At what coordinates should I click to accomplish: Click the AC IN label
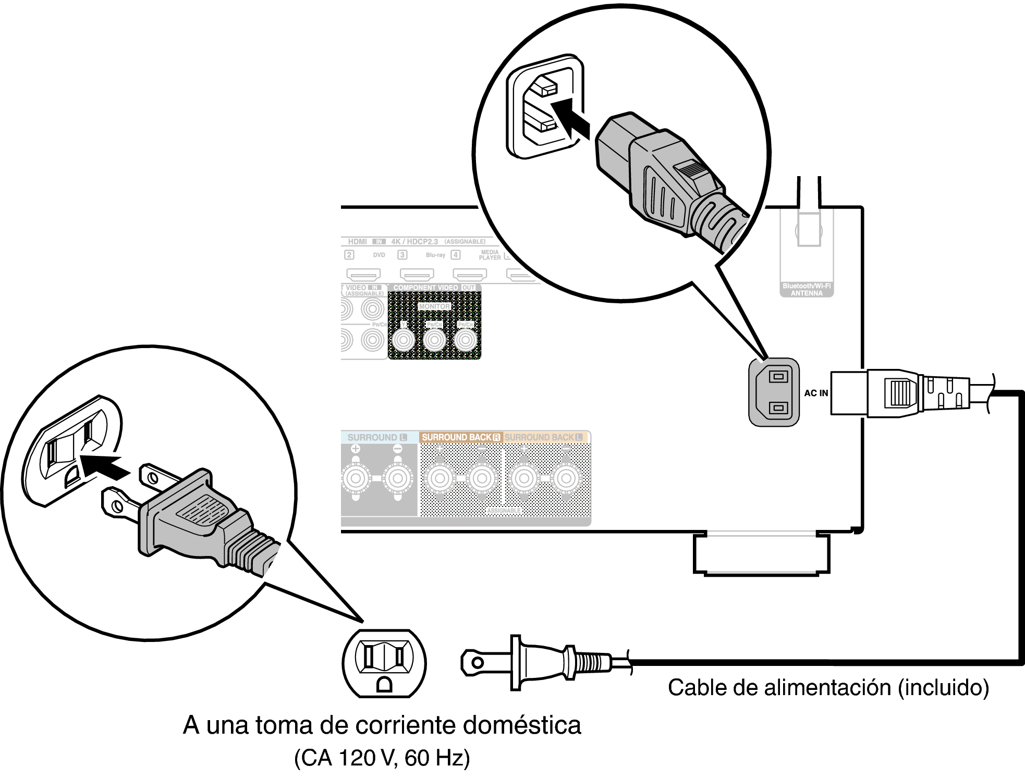point(816,393)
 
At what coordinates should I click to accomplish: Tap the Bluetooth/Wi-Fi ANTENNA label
point(807,290)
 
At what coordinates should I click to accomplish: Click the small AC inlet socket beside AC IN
point(774,392)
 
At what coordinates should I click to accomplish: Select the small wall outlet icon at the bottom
point(384,663)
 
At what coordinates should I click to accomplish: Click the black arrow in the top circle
point(572,120)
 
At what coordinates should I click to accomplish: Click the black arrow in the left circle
point(104,466)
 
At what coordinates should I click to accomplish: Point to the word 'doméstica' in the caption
point(521,725)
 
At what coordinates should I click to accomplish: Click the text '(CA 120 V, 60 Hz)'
point(382,758)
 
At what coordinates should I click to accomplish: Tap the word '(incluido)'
point(943,688)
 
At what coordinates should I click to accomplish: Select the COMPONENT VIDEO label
point(425,288)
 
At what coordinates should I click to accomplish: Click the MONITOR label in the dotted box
point(434,307)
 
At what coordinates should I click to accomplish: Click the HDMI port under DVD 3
point(417,274)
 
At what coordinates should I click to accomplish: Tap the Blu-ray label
point(435,255)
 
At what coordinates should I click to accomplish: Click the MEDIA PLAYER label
point(490,255)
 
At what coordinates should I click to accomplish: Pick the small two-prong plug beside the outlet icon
point(542,663)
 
